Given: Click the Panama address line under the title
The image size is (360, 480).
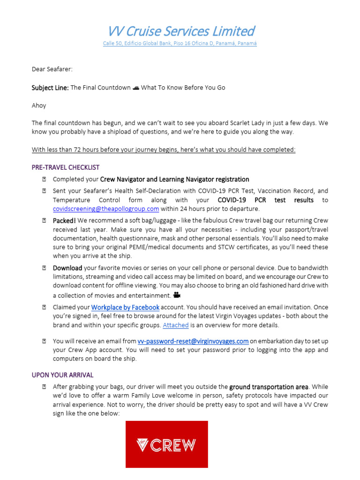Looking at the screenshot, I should [180, 44].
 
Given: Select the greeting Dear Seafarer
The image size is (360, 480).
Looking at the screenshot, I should [52, 69].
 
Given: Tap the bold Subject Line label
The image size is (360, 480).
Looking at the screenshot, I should [50, 88].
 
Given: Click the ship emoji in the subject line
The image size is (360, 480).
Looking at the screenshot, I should [136, 88].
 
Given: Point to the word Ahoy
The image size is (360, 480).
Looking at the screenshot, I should [39, 105].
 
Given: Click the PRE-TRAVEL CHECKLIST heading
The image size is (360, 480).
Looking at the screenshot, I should [65, 167].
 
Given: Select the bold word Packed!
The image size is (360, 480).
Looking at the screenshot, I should [64, 220].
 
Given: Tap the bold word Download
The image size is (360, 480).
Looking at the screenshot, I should [67, 268].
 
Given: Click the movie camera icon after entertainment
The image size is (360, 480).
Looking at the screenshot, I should [177, 295].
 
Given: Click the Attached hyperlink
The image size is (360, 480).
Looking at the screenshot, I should [175, 325].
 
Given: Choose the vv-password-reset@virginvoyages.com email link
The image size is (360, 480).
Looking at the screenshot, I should [193, 341].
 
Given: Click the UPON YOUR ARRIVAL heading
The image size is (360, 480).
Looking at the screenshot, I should [62, 375].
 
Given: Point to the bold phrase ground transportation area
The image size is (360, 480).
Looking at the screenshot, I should [269, 387].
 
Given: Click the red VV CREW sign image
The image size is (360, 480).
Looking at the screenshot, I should [166, 444].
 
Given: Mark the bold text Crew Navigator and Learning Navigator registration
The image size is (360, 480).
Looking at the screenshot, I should [175, 179].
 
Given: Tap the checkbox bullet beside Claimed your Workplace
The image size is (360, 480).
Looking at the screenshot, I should [44, 307].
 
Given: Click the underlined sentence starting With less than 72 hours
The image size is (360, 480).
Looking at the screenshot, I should [164, 150].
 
